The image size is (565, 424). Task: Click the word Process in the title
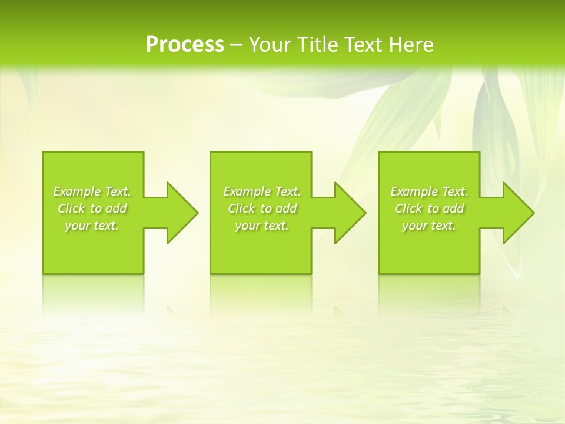pos(185,45)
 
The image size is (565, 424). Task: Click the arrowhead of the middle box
pos(349,213)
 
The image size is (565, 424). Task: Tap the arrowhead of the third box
pos(517,213)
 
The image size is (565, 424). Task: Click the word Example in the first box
pos(77,191)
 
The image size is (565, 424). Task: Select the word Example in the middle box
pos(247,191)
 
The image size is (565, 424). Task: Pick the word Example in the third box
pos(414,191)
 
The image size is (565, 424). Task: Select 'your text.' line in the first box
pos(92,226)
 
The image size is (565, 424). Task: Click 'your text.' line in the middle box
pos(262,226)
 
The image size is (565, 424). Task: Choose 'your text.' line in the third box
pos(429,226)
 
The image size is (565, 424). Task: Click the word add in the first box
pos(117,208)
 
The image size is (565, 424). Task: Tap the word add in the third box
pos(454,208)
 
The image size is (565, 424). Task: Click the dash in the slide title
pos(237,45)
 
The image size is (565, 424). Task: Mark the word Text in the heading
pos(361,45)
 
